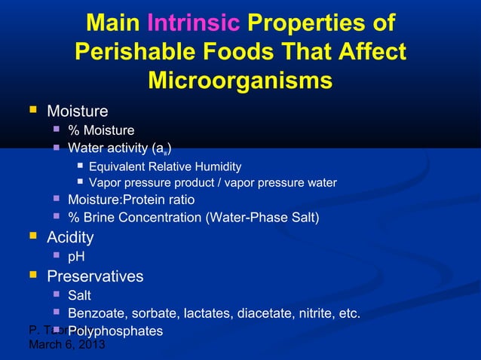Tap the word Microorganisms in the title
240,80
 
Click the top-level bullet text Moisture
77,112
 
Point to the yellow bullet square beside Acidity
32,237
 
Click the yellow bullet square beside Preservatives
32,276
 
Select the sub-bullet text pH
76,258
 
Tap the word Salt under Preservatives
79,296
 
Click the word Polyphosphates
115,331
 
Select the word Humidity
216,166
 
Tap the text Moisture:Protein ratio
131,200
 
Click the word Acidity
70,238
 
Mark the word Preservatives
95,276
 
